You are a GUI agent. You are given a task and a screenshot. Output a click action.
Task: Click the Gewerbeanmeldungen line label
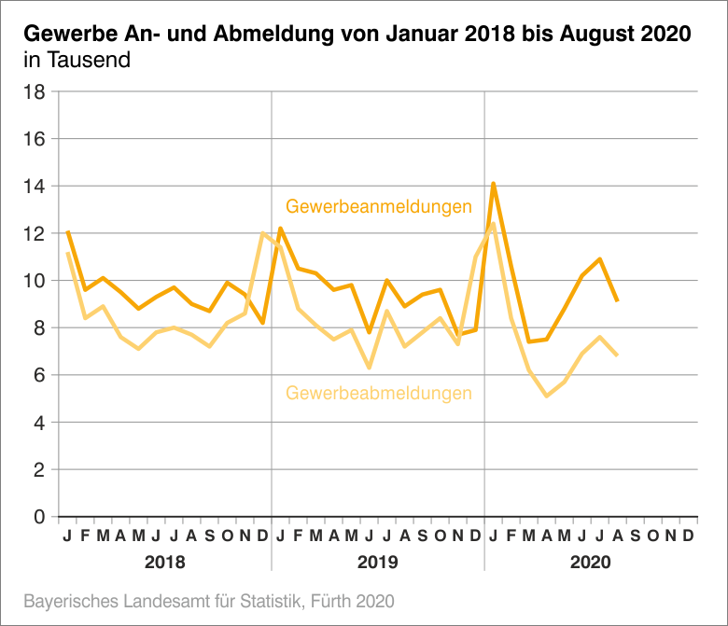tap(378, 206)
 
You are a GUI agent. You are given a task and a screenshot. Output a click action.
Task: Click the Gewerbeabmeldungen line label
tap(378, 393)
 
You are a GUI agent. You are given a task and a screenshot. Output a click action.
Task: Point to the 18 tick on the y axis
tap(35, 91)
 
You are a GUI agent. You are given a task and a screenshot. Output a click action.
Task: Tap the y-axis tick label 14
tap(35, 187)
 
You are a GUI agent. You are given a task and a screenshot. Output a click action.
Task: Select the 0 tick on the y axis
tap(40, 517)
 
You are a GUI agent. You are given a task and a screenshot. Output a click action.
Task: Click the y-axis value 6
tap(40, 375)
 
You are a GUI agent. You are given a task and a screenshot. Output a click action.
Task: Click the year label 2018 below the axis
tap(164, 563)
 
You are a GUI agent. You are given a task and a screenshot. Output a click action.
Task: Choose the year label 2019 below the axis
tap(378, 563)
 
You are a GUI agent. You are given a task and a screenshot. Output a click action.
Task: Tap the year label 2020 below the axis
tap(591, 563)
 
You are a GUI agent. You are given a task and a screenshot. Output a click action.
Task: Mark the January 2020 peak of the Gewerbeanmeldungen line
tap(493, 184)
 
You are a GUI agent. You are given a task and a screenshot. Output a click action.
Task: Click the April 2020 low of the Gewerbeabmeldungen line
tap(546, 396)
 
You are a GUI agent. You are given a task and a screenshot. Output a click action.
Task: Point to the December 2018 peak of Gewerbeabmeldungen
tap(262, 233)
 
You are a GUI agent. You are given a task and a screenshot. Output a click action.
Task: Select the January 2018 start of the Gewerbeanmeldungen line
tap(67, 231)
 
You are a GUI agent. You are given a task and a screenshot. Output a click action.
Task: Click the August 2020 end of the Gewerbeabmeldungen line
tap(617, 355)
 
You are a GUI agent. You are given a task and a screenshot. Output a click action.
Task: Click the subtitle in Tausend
tap(77, 61)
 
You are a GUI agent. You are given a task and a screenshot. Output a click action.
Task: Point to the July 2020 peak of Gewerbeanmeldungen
tap(599, 258)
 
